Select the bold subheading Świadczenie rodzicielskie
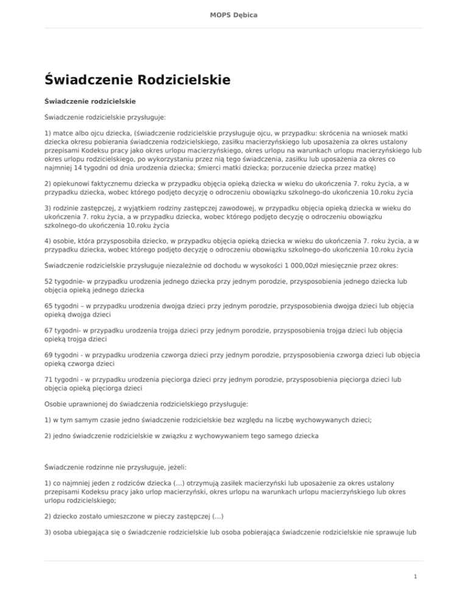pyautogui.click(x=90, y=99)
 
